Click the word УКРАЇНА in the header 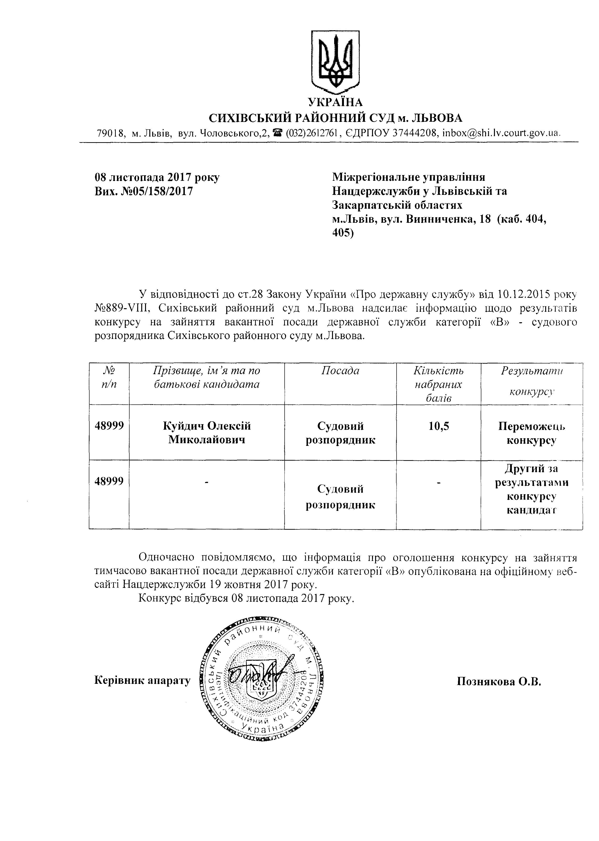[x=335, y=102]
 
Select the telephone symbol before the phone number [x=279, y=132]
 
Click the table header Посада [x=340, y=370]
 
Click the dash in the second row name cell [x=207, y=482]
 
